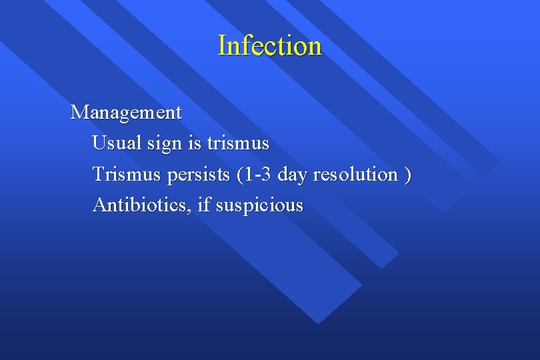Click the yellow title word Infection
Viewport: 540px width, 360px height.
(x=269, y=46)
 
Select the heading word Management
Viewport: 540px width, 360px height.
(x=126, y=113)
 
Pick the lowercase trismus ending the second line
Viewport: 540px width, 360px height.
(x=238, y=143)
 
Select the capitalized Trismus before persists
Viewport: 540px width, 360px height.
(x=127, y=175)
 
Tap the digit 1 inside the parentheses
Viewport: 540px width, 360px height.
(x=248, y=175)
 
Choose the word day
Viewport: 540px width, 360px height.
(x=291, y=175)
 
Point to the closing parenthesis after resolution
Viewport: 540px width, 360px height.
(x=408, y=175)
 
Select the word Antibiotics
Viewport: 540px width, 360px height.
(x=141, y=205)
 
